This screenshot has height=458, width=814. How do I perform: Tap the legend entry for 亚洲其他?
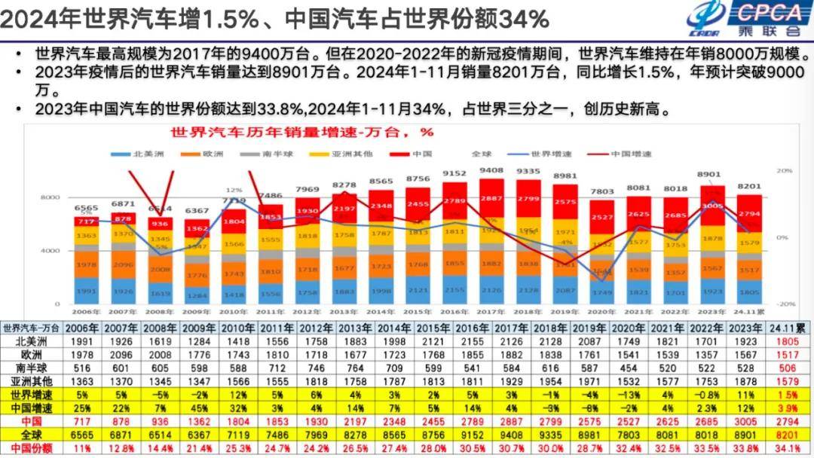click(345, 154)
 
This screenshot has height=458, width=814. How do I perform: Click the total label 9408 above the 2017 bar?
click(491, 171)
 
